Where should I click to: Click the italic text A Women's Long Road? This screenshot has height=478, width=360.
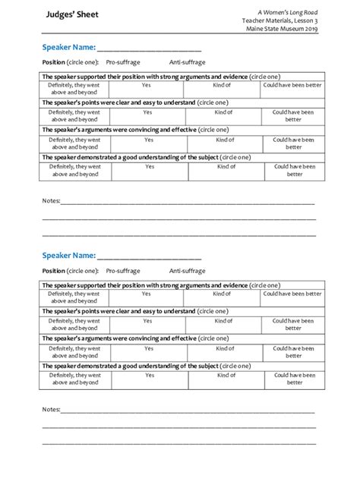tap(286, 10)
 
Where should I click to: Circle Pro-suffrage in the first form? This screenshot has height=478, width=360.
tap(123, 62)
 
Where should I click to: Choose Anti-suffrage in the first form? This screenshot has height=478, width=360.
tap(187, 62)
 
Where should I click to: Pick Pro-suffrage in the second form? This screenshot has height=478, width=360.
tap(123, 271)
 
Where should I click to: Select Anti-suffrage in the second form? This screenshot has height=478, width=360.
tap(187, 271)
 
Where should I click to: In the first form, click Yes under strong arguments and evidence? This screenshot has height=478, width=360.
tap(148, 85)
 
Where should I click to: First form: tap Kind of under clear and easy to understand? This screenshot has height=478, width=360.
tap(223, 112)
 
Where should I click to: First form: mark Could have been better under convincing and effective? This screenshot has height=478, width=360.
tap(294, 143)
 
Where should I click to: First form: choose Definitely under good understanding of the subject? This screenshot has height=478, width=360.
tap(75, 170)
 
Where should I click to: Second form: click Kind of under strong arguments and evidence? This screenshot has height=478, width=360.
tap(223, 294)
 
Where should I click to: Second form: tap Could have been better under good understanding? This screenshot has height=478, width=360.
tap(294, 379)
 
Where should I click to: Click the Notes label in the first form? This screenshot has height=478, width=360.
tap(50, 202)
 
